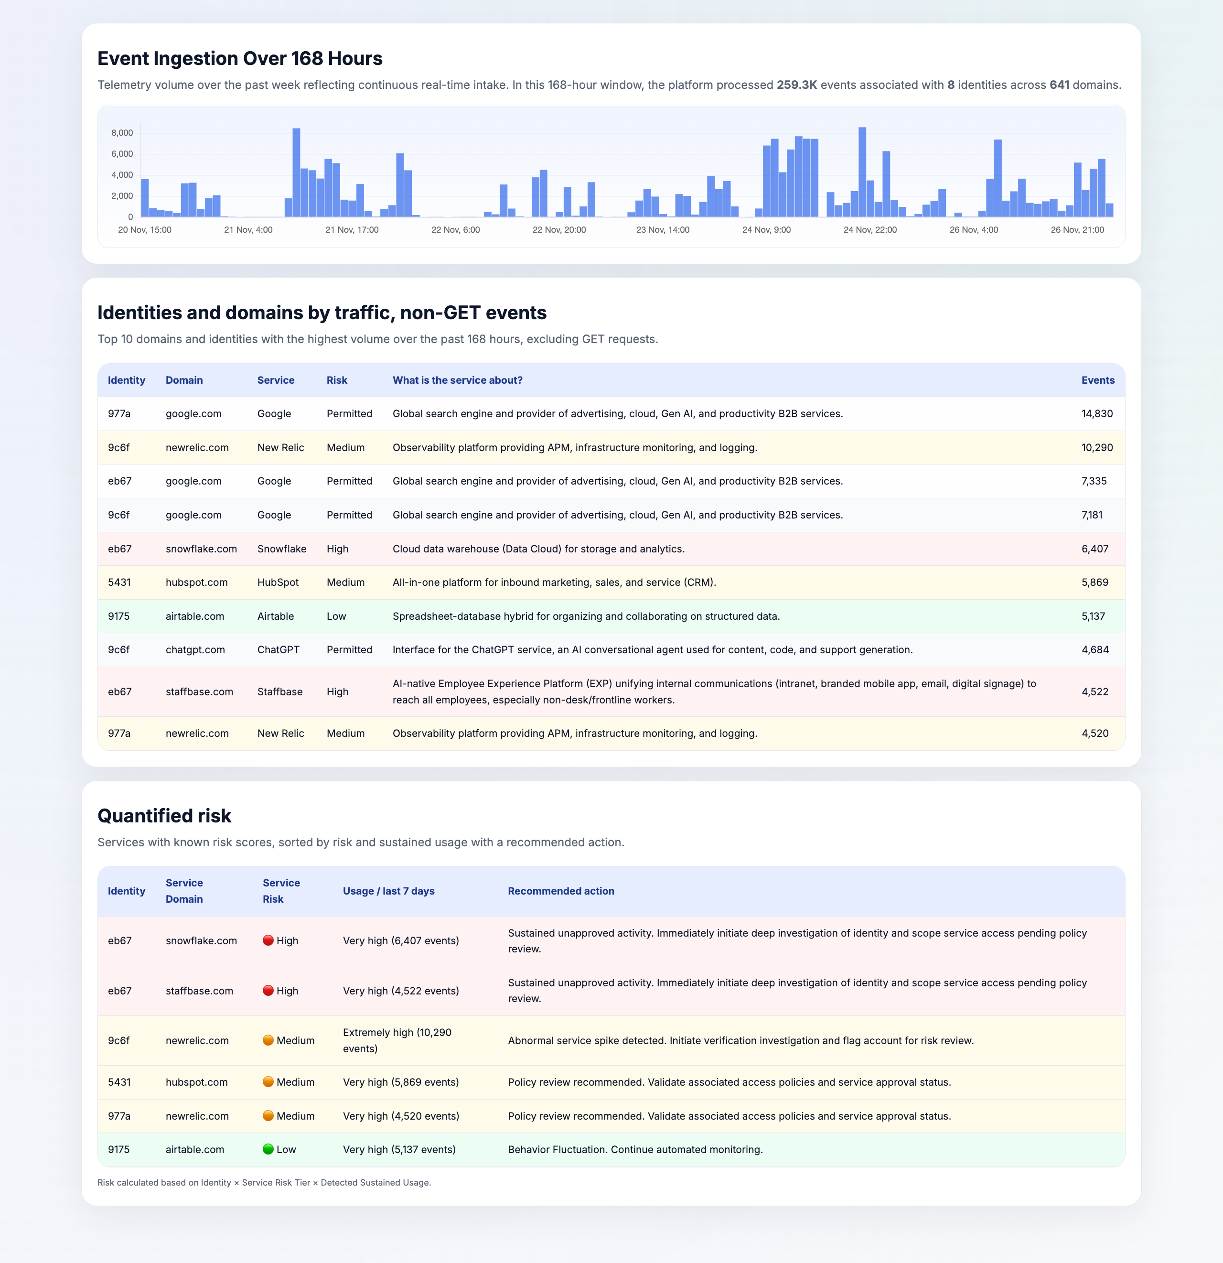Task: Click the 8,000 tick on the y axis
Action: tap(122, 133)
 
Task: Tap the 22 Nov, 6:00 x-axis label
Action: tap(456, 230)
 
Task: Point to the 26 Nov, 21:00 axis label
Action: tap(1077, 230)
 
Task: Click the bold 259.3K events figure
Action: tap(796, 85)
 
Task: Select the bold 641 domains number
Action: tap(1059, 85)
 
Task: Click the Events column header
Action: tap(1097, 380)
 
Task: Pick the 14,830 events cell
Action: tap(1097, 414)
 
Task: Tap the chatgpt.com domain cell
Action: tap(195, 649)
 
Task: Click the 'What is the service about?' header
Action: tap(458, 380)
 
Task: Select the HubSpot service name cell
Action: tap(278, 583)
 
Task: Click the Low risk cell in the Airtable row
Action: tap(336, 616)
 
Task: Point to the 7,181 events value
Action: tap(1092, 515)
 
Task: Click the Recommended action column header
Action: tap(560, 891)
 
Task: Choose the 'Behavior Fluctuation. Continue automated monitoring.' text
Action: tap(635, 1150)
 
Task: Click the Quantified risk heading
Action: tap(164, 816)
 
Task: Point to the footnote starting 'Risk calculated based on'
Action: tap(264, 1182)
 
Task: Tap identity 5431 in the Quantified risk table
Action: tap(119, 1082)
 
